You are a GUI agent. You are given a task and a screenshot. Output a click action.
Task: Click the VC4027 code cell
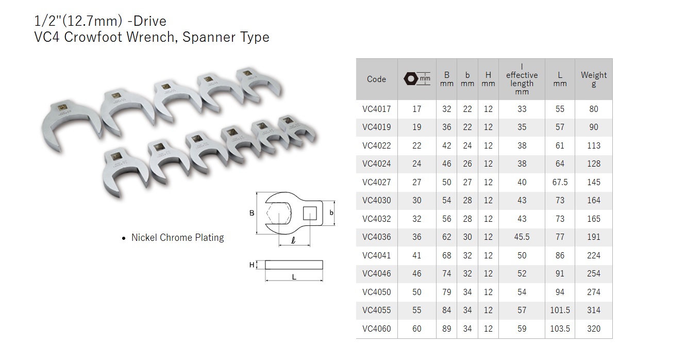(376, 182)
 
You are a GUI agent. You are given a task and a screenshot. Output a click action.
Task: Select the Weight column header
(594, 79)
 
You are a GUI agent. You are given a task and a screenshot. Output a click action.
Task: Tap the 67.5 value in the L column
(560, 182)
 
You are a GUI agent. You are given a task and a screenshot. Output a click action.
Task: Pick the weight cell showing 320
(594, 329)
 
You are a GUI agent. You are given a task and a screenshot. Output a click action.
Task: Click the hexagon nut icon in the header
(410, 79)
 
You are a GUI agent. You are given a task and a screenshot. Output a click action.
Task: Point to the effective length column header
(522, 79)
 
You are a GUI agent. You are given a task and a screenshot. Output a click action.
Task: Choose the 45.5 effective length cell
(522, 237)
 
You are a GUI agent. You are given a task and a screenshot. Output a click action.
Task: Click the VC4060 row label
(376, 329)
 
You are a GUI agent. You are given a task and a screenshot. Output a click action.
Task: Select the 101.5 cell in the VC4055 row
(560, 310)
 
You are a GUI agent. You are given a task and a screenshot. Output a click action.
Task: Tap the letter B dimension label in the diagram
(252, 213)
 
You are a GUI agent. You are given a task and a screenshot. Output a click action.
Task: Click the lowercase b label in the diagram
(331, 212)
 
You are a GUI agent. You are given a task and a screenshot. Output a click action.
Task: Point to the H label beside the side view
(252, 265)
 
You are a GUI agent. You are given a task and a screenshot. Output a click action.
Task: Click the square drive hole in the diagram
(310, 213)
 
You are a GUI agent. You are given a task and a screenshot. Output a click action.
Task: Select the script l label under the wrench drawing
(293, 240)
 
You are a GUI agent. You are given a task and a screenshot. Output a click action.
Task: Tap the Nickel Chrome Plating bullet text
(177, 238)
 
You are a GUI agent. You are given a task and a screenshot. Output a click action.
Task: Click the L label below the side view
(294, 277)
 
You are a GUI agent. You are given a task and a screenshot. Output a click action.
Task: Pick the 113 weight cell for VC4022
(594, 145)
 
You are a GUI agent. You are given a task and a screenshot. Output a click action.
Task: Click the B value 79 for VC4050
(446, 292)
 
